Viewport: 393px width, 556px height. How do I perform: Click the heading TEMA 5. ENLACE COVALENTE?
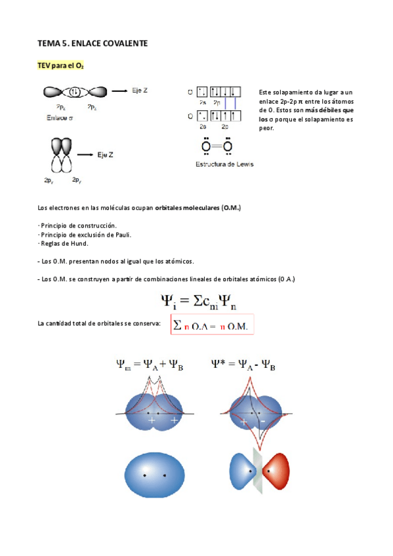click(93, 43)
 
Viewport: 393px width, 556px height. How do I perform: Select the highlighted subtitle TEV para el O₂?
click(60, 66)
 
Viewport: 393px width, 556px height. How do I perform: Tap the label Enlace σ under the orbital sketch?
click(62, 118)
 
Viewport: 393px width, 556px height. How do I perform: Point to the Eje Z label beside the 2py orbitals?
click(104, 154)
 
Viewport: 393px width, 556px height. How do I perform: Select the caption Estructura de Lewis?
click(224, 163)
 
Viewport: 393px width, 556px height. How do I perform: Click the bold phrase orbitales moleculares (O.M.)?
click(198, 208)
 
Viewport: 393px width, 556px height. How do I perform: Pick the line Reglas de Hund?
click(64, 243)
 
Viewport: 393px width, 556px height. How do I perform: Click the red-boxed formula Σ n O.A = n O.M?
click(213, 326)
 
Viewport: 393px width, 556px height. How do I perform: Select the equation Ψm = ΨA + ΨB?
click(150, 366)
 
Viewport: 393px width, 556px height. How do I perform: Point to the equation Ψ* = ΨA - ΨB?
click(243, 365)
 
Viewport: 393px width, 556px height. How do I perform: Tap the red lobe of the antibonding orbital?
click(276, 471)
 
